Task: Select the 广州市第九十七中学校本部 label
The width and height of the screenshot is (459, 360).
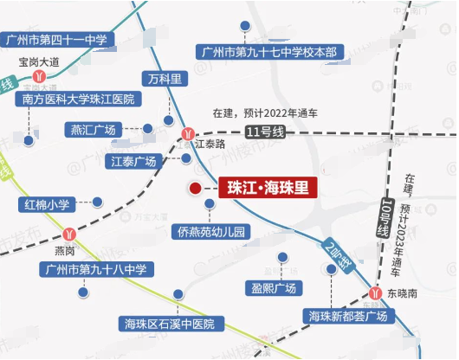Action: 268,52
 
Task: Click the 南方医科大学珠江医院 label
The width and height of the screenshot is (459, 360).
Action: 78,100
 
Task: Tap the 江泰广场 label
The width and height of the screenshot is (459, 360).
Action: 133,162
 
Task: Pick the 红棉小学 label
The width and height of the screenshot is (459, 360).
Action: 47,204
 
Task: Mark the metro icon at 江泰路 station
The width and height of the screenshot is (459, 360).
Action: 190,133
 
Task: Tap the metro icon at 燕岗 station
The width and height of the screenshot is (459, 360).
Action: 68,232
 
